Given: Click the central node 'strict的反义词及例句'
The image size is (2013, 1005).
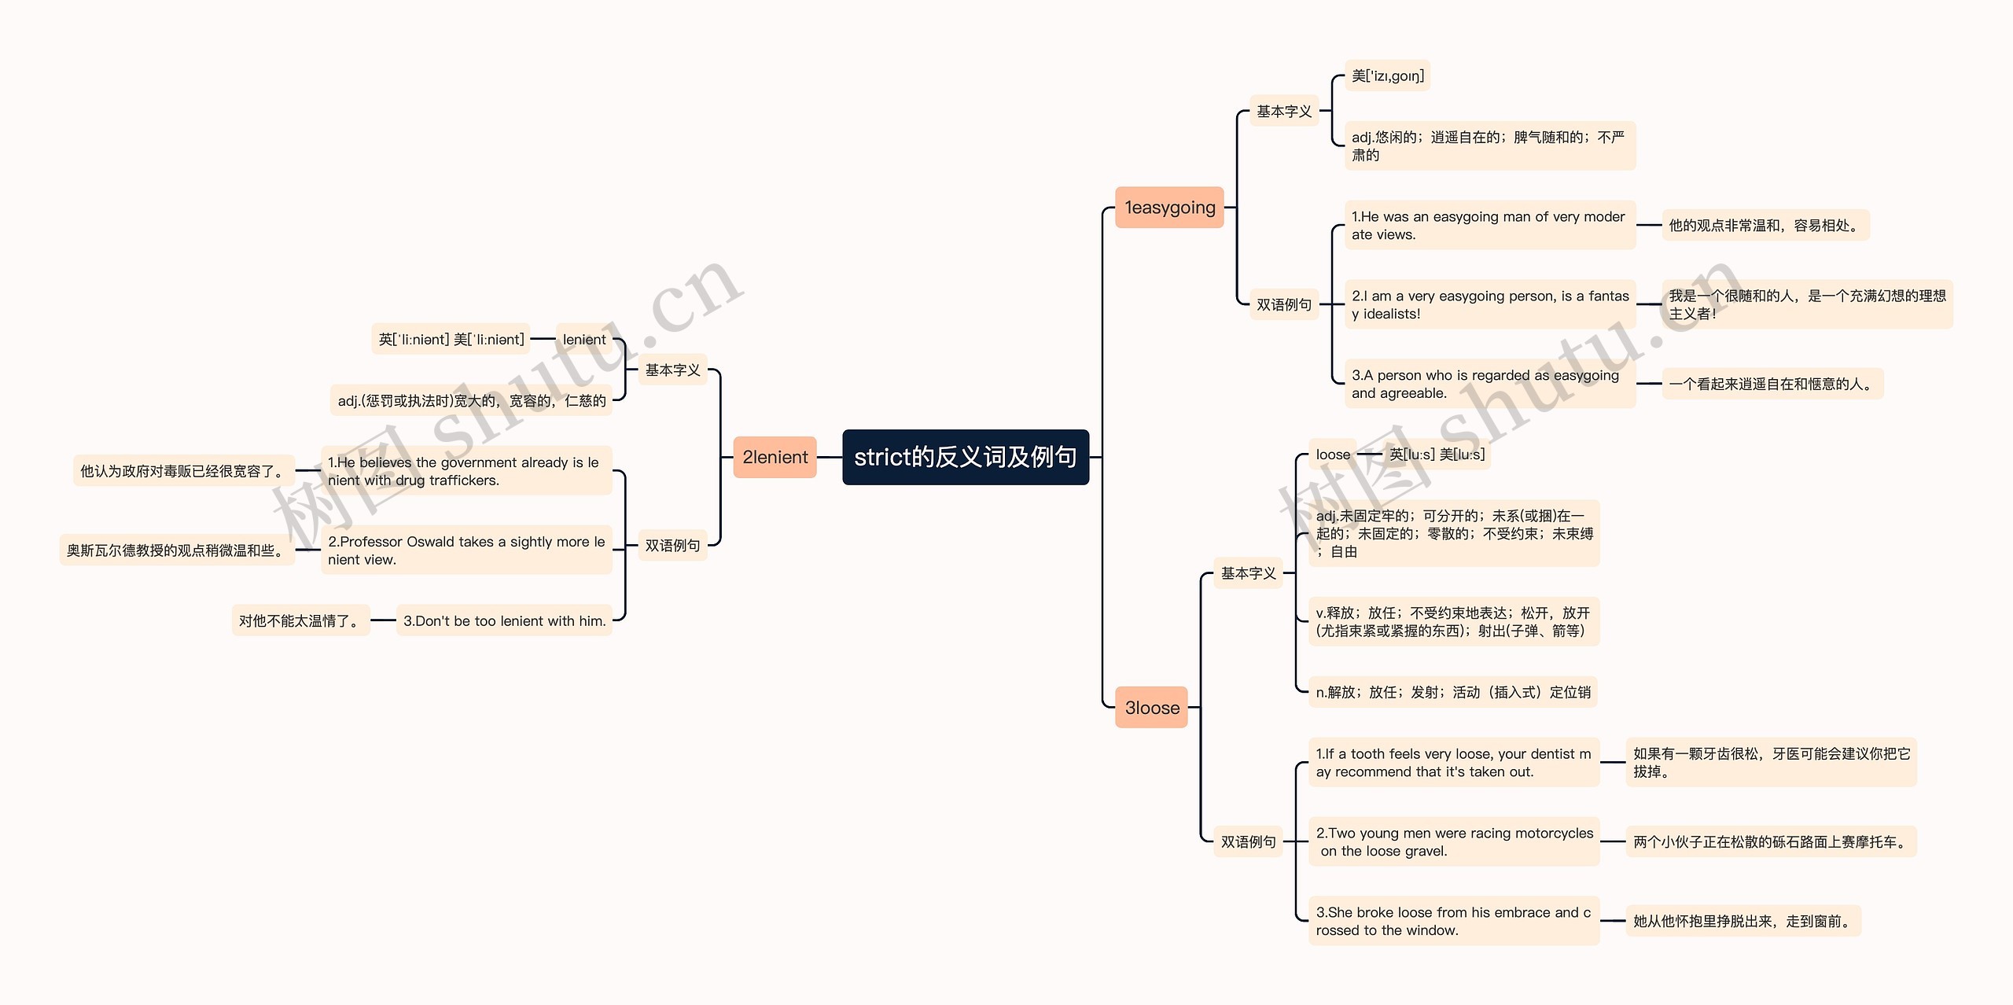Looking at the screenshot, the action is click(965, 457).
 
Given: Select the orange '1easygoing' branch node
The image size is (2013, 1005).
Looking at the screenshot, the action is click(1169, 208).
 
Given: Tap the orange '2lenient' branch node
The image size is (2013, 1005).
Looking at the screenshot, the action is click(775, 457).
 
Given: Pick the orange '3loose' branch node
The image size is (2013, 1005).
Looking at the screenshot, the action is click(1151, 707).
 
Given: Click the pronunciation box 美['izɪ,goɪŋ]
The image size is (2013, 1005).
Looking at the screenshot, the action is click(1387, 76).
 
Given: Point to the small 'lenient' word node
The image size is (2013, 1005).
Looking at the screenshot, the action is click(583, 340).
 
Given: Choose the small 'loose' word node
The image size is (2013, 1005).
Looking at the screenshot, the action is click(1332, 455).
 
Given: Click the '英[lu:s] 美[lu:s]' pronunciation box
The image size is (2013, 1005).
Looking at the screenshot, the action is click(1437, 455).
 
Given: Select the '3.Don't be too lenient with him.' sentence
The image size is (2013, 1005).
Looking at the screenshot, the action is click(504, 620).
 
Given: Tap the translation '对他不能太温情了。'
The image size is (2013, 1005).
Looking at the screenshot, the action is click(300, 620).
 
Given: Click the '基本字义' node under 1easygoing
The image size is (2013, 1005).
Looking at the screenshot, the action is click(1283, 112).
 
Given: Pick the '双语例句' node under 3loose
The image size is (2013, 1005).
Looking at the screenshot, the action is click(1248, 841).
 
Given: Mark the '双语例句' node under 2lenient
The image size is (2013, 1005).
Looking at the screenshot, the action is click(672, 545).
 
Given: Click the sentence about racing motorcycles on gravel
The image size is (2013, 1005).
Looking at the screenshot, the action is click(1453, 841).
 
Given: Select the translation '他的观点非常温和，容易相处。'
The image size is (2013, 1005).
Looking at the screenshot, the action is click(1765, 226).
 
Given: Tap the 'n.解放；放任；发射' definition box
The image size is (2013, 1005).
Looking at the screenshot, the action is click(1452, 692).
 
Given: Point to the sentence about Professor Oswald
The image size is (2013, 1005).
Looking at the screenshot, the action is click(466, 550).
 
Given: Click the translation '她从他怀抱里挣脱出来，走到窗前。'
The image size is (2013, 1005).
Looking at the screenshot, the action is click(1743, 921).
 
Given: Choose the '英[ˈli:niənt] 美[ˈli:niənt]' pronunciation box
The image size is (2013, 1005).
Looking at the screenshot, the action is click(451, 340).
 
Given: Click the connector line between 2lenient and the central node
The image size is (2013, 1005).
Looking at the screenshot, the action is click(830, 457).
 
